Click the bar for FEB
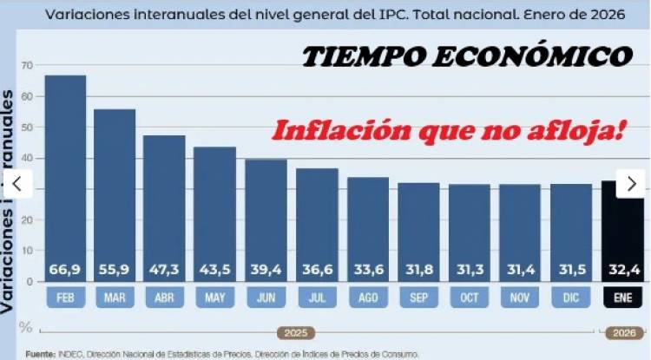click(x=65, y=173)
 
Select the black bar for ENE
click(x=623, y=234)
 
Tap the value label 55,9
click(x=115, y=270)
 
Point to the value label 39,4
click(x=266, y=270)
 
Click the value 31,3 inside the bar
click(x=470, y=270)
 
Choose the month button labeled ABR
click(x=165, y=298)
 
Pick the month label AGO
click(x=368, y=298)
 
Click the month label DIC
click(x=571, y=298)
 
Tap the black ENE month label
click(x=623, y=298)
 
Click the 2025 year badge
click(x=295, y=332)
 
